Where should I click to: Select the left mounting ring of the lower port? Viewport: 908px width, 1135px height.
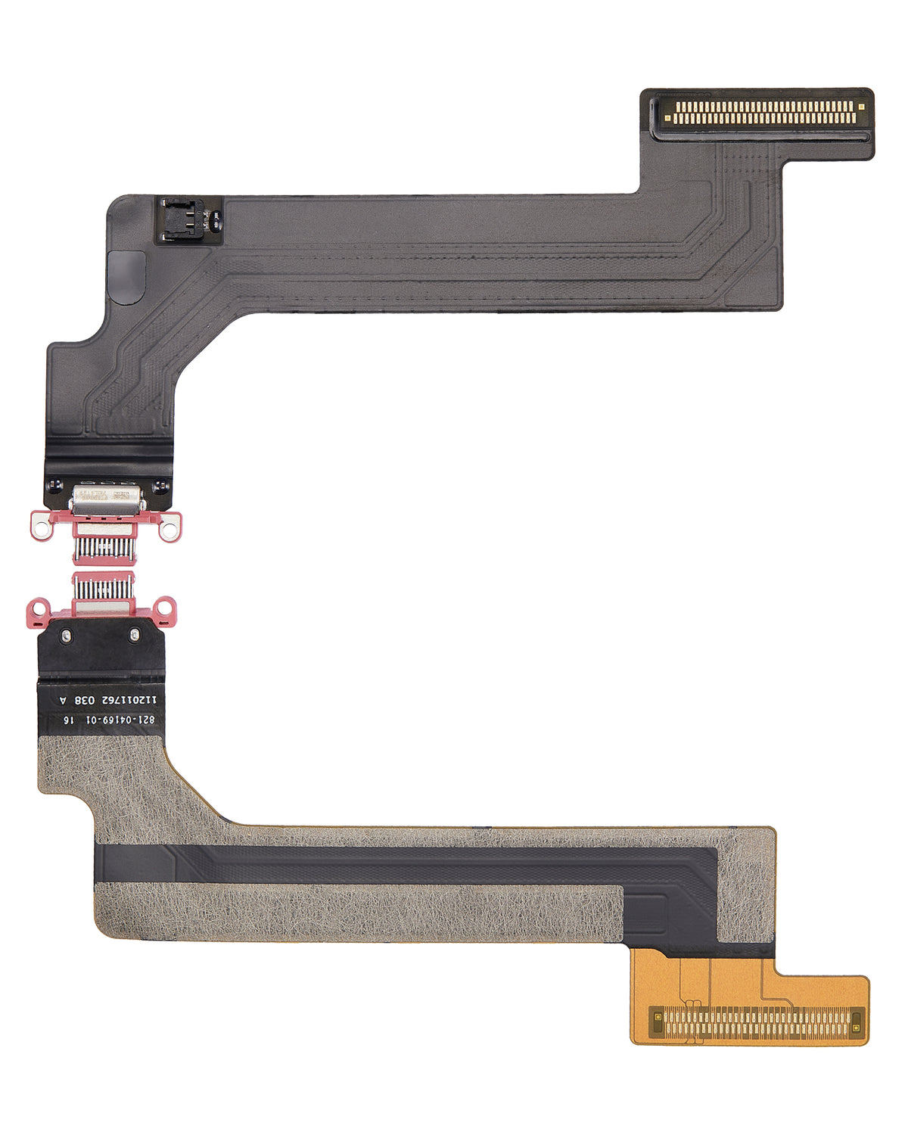pyautogui.click(x=36, y=607)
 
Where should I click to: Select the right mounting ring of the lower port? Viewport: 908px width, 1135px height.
pyautogui.click(x=166, y=607)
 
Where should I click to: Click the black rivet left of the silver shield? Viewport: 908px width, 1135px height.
pyautogui.click(x=53, y=485)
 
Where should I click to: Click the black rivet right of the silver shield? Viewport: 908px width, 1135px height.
pyautogui.click(x=159, y=485)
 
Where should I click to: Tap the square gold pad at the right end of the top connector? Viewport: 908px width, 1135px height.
pyautogui.click(x=860, y=106)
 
